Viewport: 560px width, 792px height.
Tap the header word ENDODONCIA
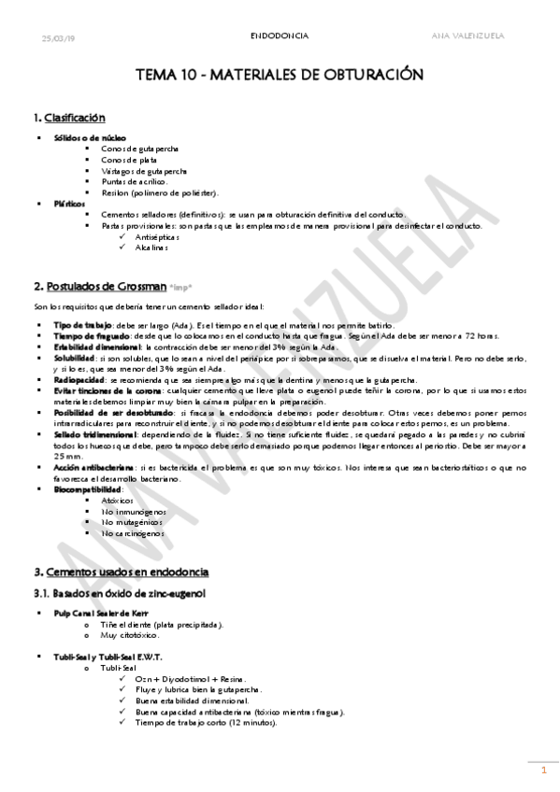pyautogui.click(x=280, y=36)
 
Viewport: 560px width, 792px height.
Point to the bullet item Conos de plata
pyautogui.click(x=128, y=160)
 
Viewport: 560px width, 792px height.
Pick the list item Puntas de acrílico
pyautogui.click(x=133, y=181)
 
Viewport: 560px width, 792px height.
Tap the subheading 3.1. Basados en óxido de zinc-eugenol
pyautogui.click(x=119, y=593)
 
